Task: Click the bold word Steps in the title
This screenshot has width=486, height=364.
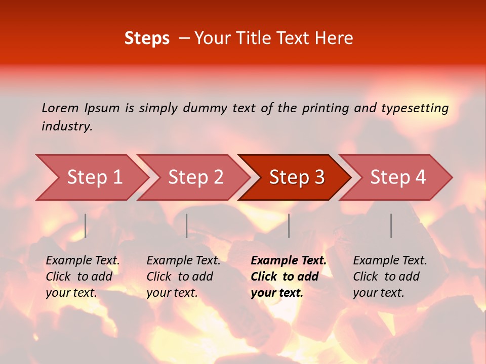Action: click(x=147, y=38)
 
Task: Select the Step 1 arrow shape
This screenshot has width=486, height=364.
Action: click(x=95, y=177)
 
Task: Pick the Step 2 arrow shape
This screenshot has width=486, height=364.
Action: click(x=196, y=177)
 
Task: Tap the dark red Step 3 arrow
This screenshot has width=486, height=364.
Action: click(x=297, y=177)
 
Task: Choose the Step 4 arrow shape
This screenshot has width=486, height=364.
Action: click(x=398, y=177)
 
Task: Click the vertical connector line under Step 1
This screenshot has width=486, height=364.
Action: click(x=86, y=225)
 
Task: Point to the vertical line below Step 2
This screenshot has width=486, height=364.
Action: click(x=187, y=225)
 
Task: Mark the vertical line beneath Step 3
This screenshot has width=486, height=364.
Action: click(x=289, y=225)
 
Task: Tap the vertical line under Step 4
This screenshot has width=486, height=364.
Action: click(x=391, y=225)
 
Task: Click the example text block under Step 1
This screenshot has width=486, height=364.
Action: click(x=83, y=277)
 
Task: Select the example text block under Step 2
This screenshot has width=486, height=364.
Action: click(x=183, y=277)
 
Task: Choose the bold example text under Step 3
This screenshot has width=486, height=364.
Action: click(x=289, y=277)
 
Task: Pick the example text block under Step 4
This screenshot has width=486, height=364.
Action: click(x=390, y=277)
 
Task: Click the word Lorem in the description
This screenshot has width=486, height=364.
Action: click(x=60, y=108)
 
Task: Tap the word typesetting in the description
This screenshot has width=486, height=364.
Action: click(x=415, y=108)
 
